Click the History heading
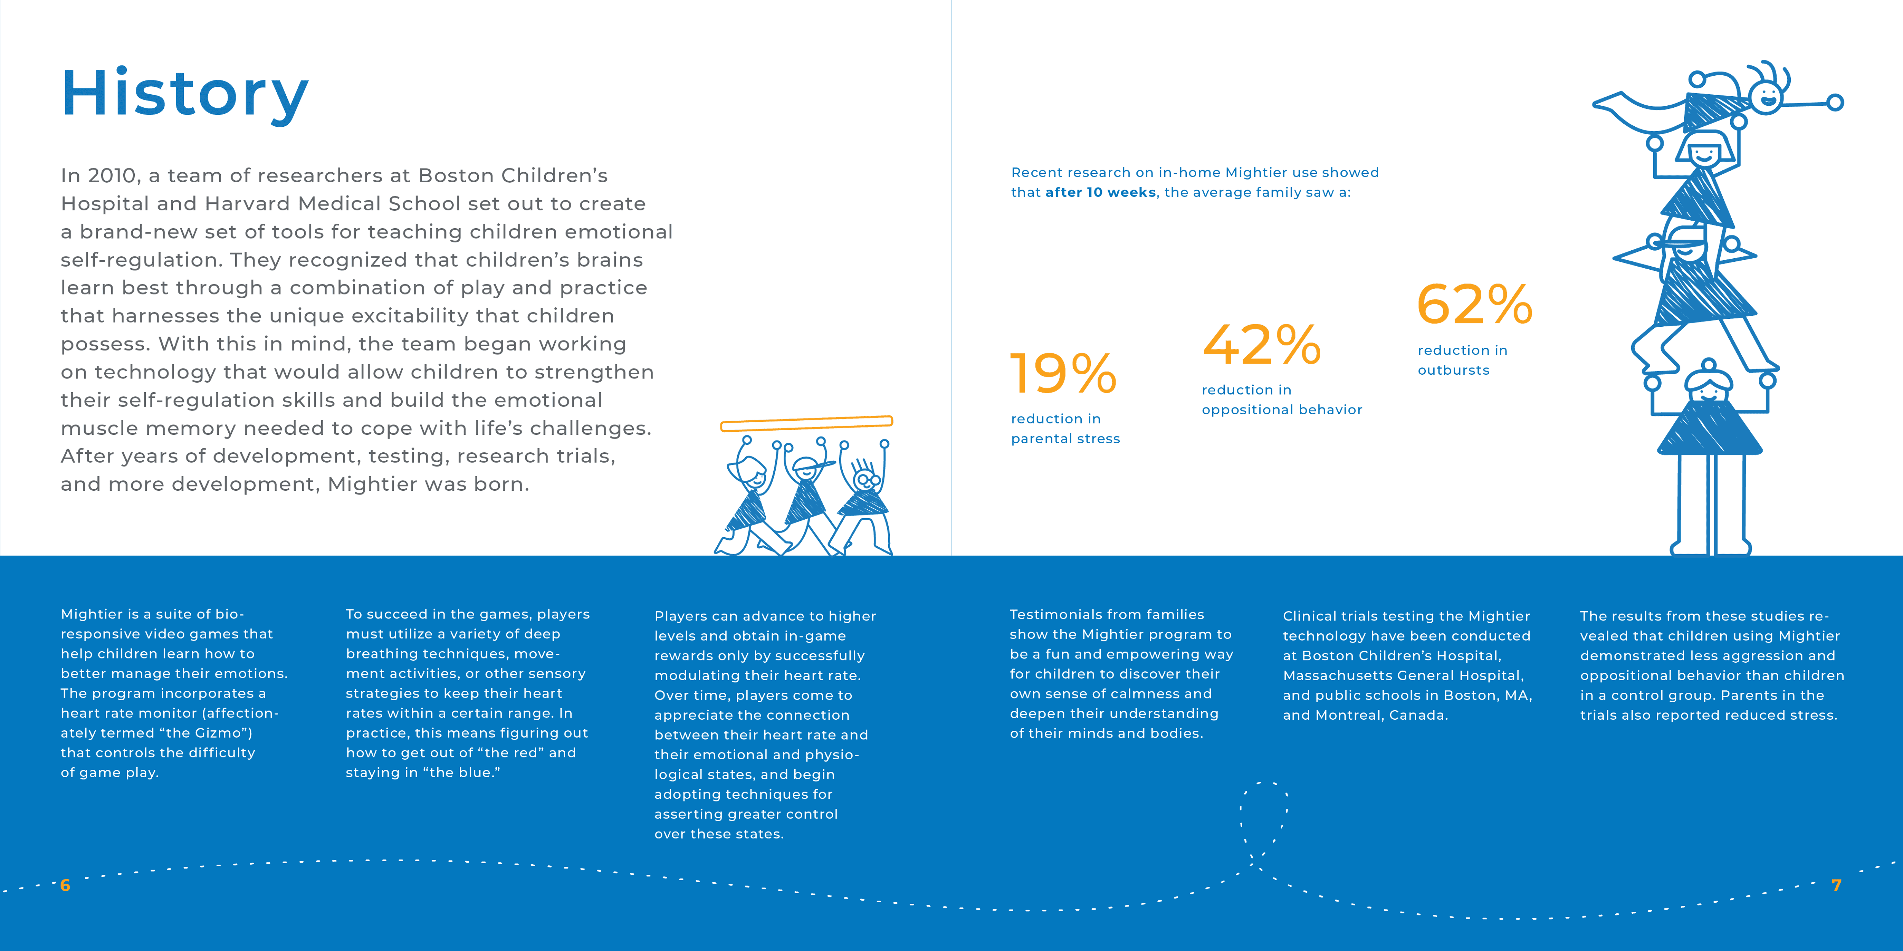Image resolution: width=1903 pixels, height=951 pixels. (x=185, y=94)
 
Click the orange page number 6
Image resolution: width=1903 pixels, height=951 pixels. (x=65, y=885)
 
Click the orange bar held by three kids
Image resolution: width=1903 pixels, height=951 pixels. (x=807, y=423)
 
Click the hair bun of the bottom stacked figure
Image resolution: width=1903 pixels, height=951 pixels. (x=1708, y=365)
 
